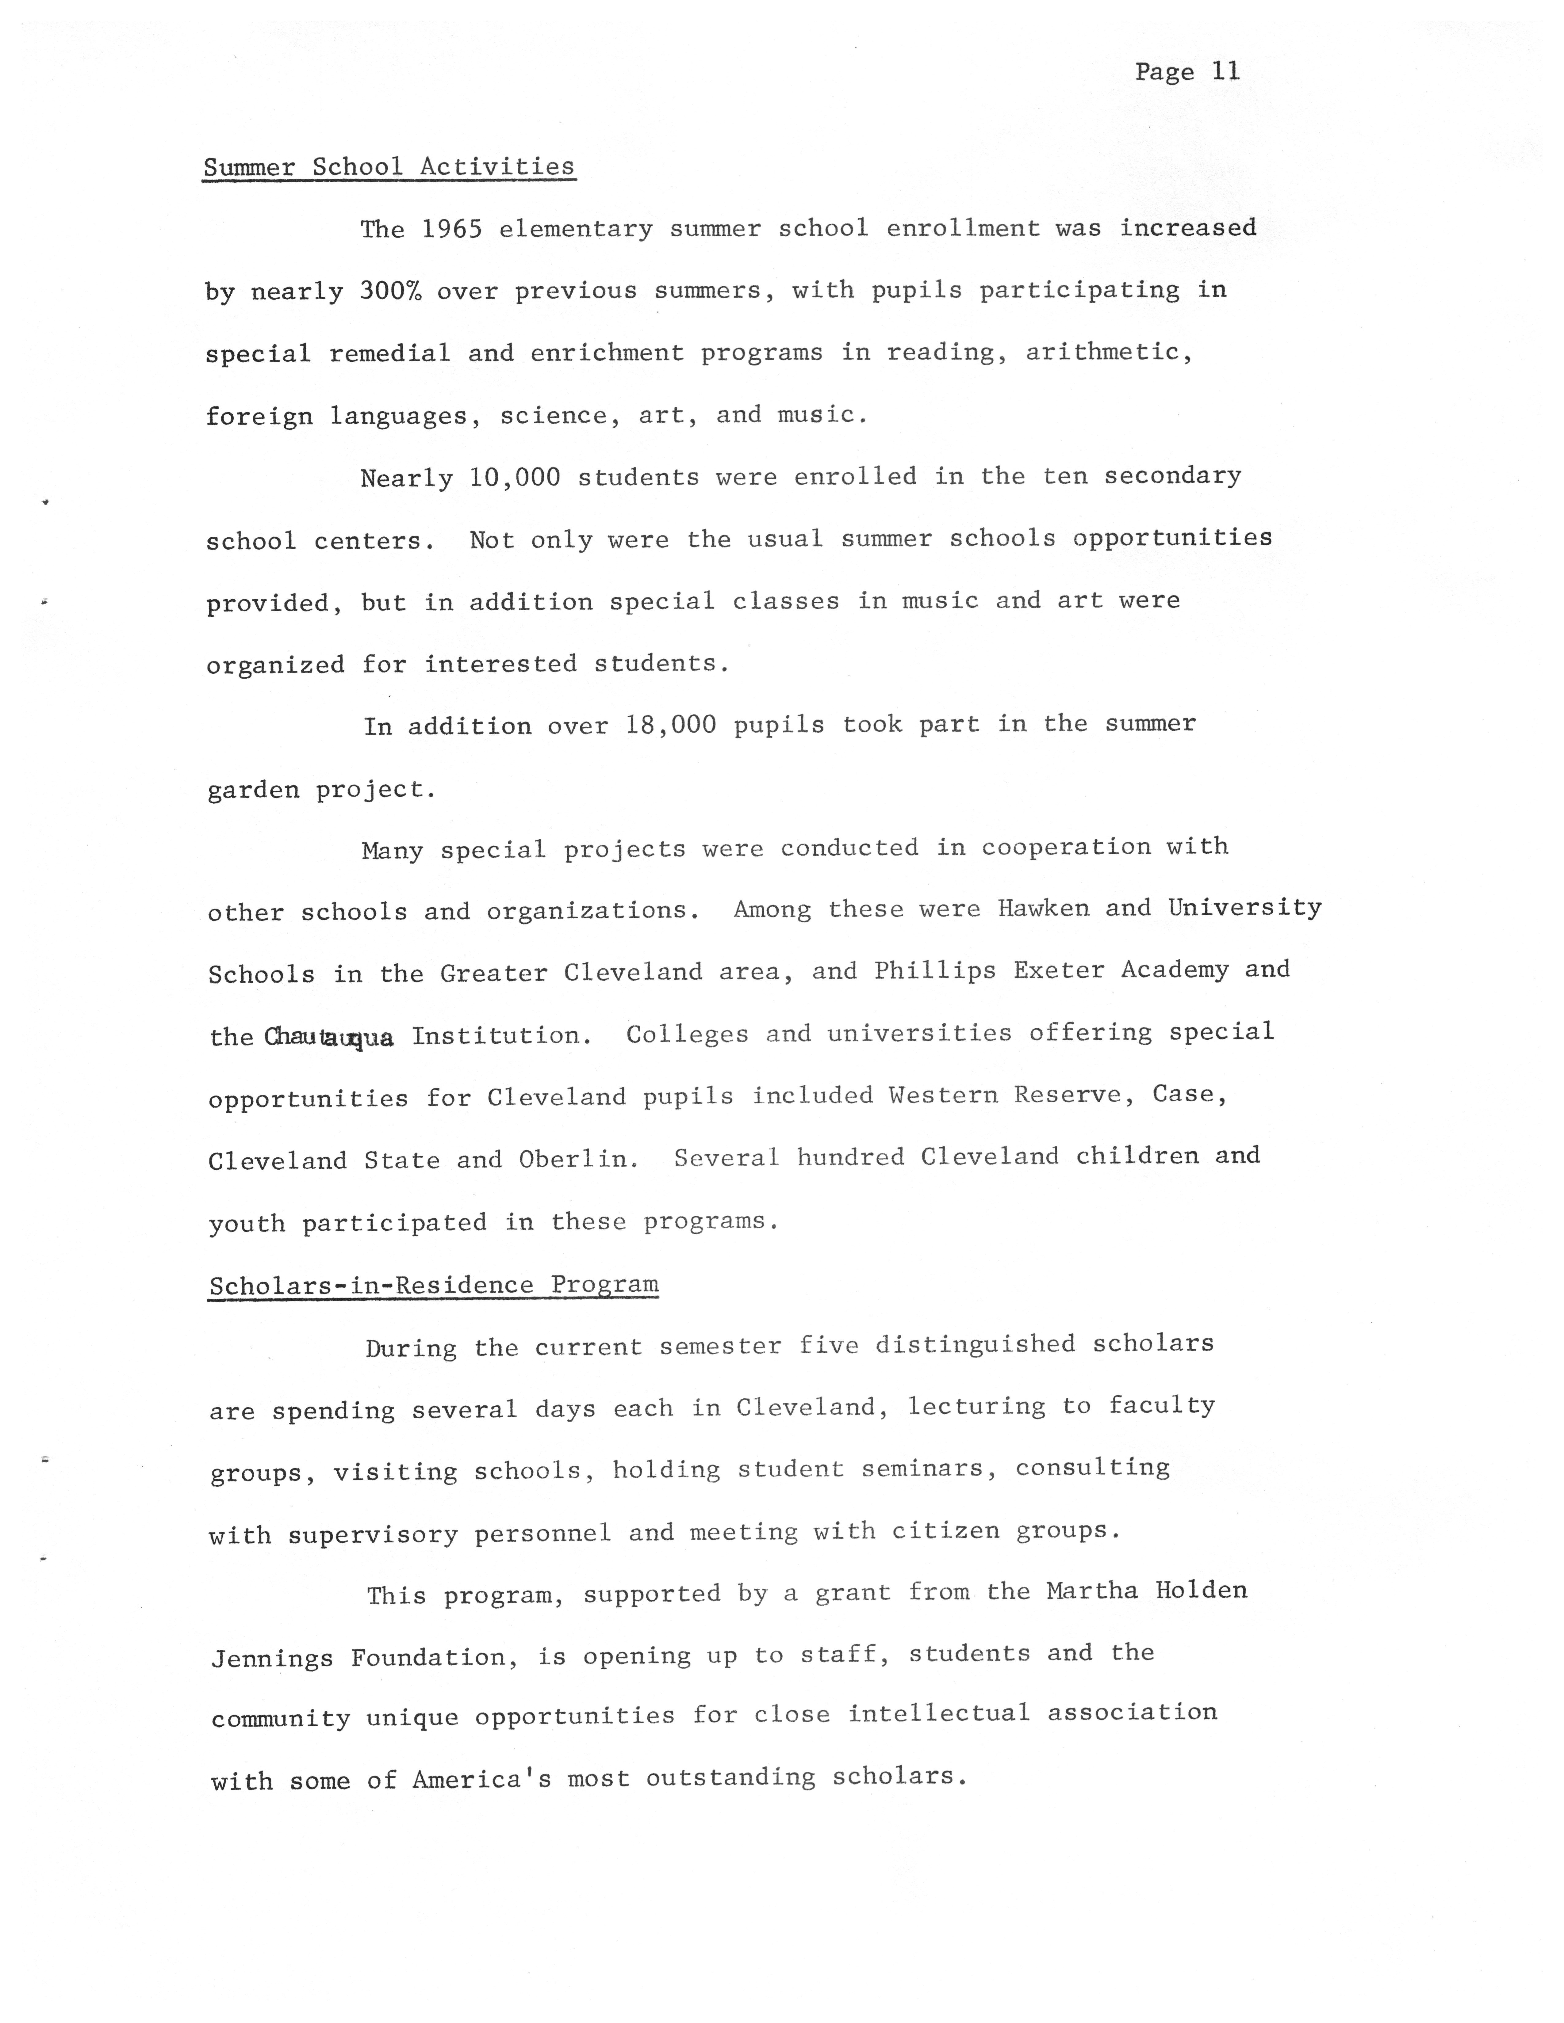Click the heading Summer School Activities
point(389,167)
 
